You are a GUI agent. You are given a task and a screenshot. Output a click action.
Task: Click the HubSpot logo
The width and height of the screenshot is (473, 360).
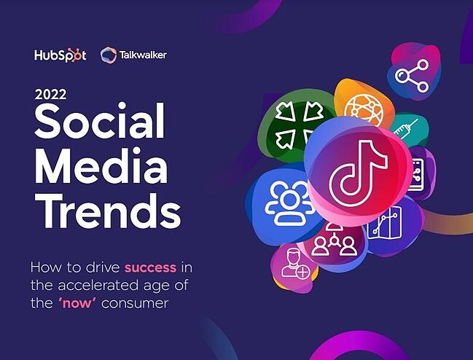pos(60,55)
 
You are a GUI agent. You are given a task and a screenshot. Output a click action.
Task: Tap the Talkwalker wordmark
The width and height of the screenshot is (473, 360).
pos(143,55)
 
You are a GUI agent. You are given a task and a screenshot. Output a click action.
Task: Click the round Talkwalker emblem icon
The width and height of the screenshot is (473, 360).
pos(109,55)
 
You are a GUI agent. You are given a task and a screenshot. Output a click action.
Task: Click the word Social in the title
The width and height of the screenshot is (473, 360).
pos(99,122)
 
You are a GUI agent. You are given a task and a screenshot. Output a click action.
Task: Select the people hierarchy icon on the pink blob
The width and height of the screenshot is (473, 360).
pos(335,241)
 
